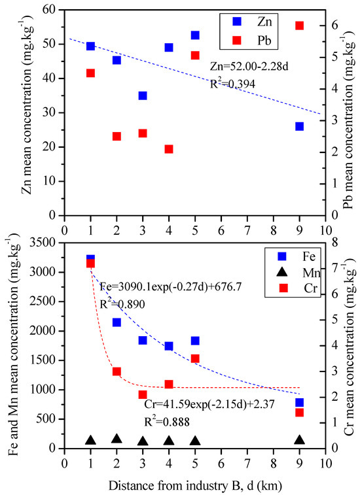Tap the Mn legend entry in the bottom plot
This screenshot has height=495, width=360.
(x=298, y=272)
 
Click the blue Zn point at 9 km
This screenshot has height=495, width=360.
(x=299, y=127)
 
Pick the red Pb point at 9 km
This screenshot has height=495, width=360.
(x=299, y=26)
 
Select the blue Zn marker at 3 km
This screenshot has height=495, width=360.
(x=143, y=95)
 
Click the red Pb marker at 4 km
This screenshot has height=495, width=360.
(x=169, y=149)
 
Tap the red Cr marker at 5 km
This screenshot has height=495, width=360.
(x=195, y=358)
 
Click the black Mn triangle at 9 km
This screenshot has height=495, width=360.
(x=299, y=440)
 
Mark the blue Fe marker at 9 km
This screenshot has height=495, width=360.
(x=299, y=403)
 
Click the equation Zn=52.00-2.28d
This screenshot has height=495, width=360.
(x=249, y=67)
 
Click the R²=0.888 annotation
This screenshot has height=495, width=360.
(x=167, y=422)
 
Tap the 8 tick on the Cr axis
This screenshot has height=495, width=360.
(x=334, y=243)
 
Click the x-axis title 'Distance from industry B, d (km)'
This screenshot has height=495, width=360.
(x=195, y=486)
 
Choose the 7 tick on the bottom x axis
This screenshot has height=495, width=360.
(x=247, y=464)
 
